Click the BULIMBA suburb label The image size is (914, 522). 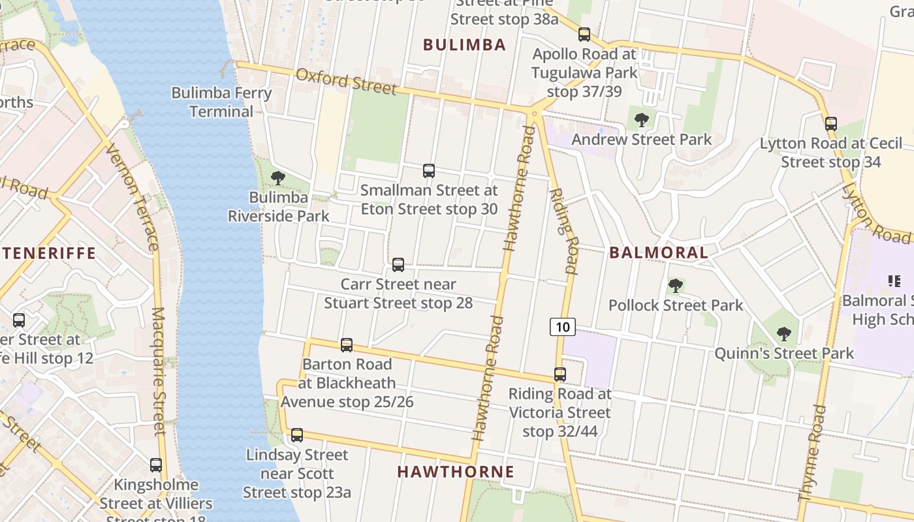[x=464, y=44]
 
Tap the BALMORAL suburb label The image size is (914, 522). [x=658, y=253]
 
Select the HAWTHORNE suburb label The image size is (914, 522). [x=456, y=472]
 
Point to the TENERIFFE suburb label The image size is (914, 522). [x=48, y=253]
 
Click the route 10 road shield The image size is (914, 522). [x=562, y=326]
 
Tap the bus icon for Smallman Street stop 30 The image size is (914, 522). [x=429, y=171]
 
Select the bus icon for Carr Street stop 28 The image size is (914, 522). [x=398, y=265]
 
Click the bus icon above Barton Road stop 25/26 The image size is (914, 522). [x=347, y=345]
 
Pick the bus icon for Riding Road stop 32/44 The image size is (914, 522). [x=559, y=375]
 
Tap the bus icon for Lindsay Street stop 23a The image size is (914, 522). [x=297, y=435]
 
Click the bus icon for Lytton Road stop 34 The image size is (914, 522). [x=830, y=123]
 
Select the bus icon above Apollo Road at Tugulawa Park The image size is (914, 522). [x=584, y=35]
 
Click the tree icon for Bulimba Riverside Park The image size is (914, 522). [x=278, y=178]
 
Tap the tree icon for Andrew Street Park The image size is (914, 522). [x=642, y=119]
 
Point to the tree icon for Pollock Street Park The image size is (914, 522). [x=676, y=285]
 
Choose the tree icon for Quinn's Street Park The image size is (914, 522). [x=784, y=334]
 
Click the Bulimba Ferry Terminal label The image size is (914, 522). [x=221, y=102]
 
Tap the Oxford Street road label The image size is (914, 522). [x=346, y=80]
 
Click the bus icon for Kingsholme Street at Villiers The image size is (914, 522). [x=156, y=465]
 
